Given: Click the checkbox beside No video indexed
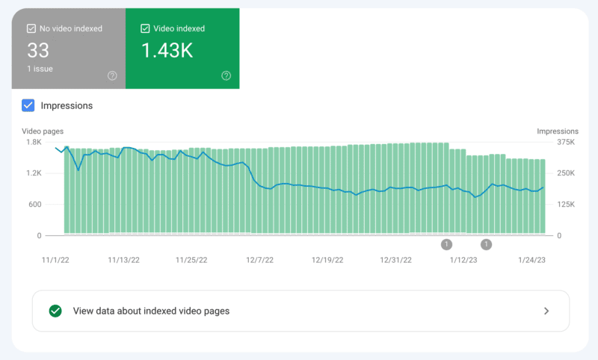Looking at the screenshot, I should coord(31,28).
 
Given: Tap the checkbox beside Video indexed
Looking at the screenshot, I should coord(146,28).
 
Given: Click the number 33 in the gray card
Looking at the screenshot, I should coord(38,50).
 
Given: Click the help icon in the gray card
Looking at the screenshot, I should coord(112,75).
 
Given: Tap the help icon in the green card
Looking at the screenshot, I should coord(226,75).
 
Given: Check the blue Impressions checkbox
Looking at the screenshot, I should coord(28,105).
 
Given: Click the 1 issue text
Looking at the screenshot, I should coord(40,69).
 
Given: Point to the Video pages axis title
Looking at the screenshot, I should coord(43,131).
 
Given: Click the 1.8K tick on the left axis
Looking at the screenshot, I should coord(34,142).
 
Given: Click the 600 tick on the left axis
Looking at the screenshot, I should coord(35,204).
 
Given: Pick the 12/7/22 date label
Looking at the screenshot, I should coord(261,260).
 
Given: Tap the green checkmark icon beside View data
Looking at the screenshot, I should coord(55,311).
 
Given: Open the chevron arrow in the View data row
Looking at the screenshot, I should coord(546,311).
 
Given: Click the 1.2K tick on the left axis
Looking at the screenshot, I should coord(34,173).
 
